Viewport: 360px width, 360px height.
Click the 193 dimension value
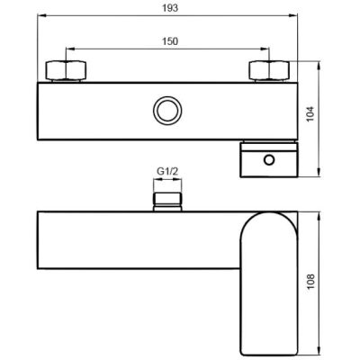click(170, 8)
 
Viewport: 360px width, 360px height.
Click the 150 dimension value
click(170, 41)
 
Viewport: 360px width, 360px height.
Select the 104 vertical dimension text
click(310, 114)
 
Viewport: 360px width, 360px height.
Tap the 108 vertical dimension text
click(310, 282)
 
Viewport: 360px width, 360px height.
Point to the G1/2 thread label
click(167, 172)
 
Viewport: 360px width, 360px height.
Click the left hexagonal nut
click(66, 71)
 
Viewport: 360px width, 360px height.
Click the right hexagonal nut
click(269, 71)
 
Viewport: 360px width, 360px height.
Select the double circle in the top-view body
click(167, 110)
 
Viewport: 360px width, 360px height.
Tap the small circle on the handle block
click(269, 159)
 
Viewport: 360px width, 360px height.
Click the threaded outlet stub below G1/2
click(167, 202)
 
